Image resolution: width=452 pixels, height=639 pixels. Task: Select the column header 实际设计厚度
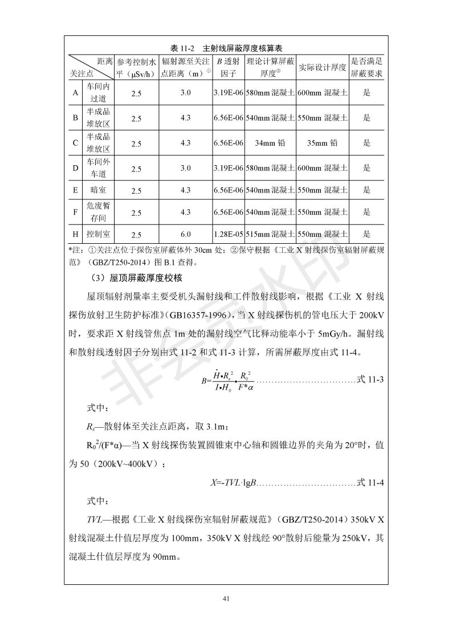pyautogui.click(x=322, y=67)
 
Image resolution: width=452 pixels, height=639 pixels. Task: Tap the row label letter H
pyautogui.click(x=75, y=234)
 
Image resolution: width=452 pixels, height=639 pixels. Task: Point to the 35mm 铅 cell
pyautogui.click(x=322, y=143)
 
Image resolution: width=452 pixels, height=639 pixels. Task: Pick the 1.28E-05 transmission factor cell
pyautogui.click(x=228, y=234)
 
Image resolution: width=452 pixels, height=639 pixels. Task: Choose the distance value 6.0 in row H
pyautogui.click(x=185, y=234)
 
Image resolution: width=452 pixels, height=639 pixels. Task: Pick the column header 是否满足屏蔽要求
pyautogui.click(x=367, y=67)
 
